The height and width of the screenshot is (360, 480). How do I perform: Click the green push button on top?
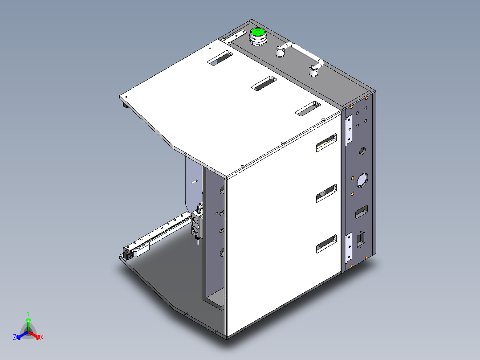[x=257, y=33]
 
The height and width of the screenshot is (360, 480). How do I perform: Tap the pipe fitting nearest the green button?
[x=280, y=51]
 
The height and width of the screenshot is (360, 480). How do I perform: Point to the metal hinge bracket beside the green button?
[x=234, y=37]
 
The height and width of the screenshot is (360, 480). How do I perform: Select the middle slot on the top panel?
[x=264, y=83]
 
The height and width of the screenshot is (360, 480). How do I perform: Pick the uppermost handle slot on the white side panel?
[x=326, y=143]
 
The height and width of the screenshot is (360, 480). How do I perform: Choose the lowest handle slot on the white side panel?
[x=326, y=245]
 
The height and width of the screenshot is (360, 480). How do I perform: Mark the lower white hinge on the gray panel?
[x=349, y=248]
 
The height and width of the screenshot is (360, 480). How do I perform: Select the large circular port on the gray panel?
[x=362, y=180]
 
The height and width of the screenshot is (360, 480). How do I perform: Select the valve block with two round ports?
[x=196, y=225]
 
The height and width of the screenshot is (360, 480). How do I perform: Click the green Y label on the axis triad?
[x=28, y=313]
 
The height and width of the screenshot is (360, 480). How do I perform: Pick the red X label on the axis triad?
[x=42, y=338]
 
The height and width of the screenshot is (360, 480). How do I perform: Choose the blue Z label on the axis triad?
[x=15, y=338]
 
